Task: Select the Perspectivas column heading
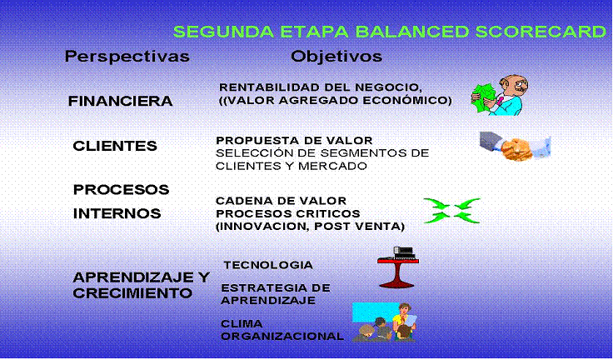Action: click(127, 57)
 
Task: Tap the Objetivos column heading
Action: click(336, 57)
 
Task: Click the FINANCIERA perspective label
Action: click(120, 101)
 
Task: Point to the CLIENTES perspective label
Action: click(115, 146)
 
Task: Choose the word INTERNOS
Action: click(117, 213)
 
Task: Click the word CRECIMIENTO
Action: click(132, 293)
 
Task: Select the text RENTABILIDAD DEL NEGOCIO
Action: click(321, 87)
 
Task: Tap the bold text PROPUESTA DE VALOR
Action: click(294, 140)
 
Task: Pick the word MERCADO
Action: click(332, 166)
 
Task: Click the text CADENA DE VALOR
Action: click(281, 201)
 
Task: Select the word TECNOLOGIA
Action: click(268, 265)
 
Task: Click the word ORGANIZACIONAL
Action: click(282, 336)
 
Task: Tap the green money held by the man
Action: click(483, 97)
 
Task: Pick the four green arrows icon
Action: click(452, 211)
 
